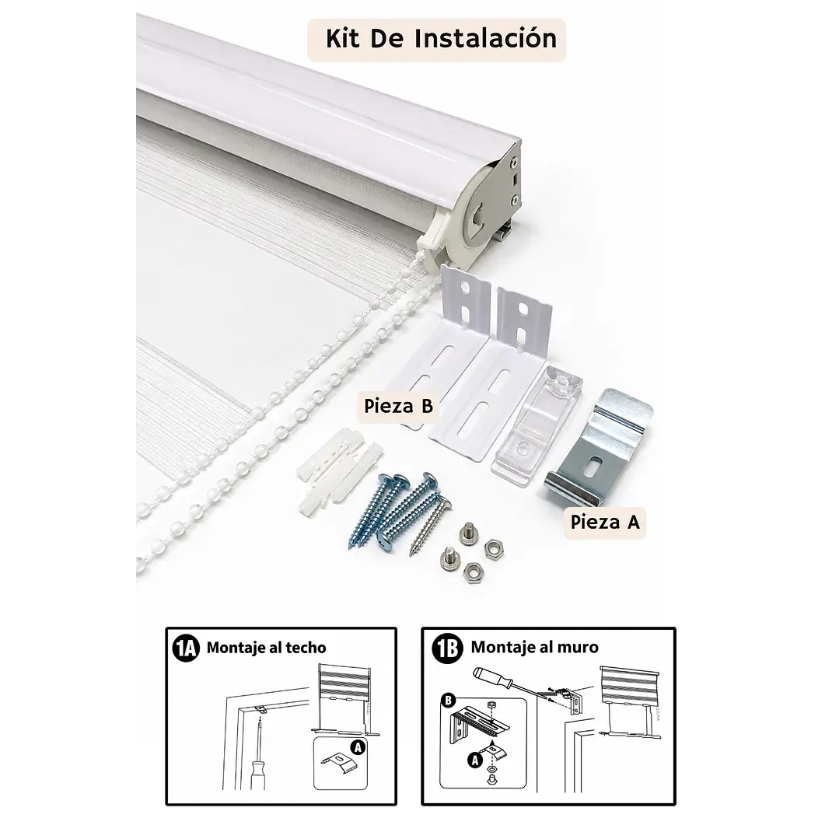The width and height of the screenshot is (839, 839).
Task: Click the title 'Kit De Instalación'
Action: [441, 39]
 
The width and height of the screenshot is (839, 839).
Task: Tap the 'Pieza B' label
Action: [398, 406]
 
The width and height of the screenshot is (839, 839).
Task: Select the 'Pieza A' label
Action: [605, 522]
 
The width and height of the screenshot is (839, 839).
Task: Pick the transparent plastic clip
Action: [537, 425]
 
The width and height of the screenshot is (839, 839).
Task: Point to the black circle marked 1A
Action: [186, 648]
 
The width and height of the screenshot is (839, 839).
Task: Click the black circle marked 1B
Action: [447, 648]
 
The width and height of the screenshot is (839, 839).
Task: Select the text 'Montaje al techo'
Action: [266, 648]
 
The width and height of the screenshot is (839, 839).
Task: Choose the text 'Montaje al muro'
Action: [534, 648]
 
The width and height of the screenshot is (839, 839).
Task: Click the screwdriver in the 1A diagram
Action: [258, 756]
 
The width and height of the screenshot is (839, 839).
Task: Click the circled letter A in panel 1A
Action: [358, 747]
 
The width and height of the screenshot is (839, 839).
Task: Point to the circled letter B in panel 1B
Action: [449, 701]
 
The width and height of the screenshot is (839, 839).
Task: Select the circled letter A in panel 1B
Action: [474, 760]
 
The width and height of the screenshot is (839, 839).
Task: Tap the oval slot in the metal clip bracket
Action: [594, 465]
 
